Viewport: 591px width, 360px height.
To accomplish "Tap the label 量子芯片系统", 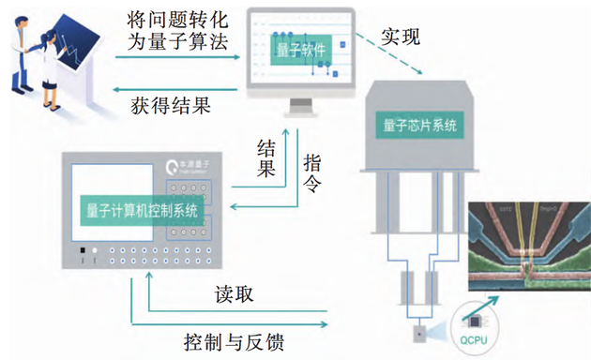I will pyautogui.click(x=420, y=124).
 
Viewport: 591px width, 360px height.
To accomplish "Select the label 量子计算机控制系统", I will pyautogui.click(x=143, y=211).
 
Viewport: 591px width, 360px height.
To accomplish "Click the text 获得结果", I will pyautogui.click(x=169, y=106).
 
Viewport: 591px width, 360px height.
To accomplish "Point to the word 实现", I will pyautogui.click(x=401, y=37).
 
